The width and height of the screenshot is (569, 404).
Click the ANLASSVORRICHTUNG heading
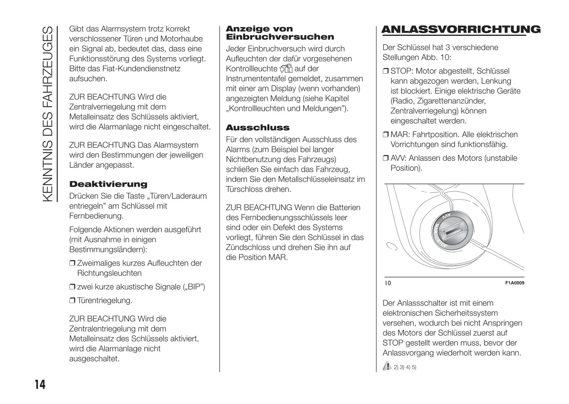(461, 30)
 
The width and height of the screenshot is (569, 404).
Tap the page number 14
(40, 384)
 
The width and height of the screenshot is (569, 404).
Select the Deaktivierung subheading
(108, 184)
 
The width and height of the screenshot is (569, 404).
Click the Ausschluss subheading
(258, 128)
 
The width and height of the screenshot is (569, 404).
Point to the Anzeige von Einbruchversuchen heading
(280, 33)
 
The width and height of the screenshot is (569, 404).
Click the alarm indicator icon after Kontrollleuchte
(286, 69)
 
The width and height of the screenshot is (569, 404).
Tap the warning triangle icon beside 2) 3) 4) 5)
(387, 366)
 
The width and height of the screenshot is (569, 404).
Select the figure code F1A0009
(515, 283)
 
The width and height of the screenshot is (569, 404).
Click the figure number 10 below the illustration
(388, 283)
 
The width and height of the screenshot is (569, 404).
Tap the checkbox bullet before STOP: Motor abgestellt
(386, 71)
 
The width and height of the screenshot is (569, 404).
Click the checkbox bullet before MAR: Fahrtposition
(386, 135)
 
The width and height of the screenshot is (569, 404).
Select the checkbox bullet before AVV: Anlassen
(386, 158)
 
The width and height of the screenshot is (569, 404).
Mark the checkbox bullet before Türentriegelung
(72, 301)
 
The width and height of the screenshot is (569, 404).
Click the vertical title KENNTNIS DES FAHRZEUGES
(47, 114)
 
